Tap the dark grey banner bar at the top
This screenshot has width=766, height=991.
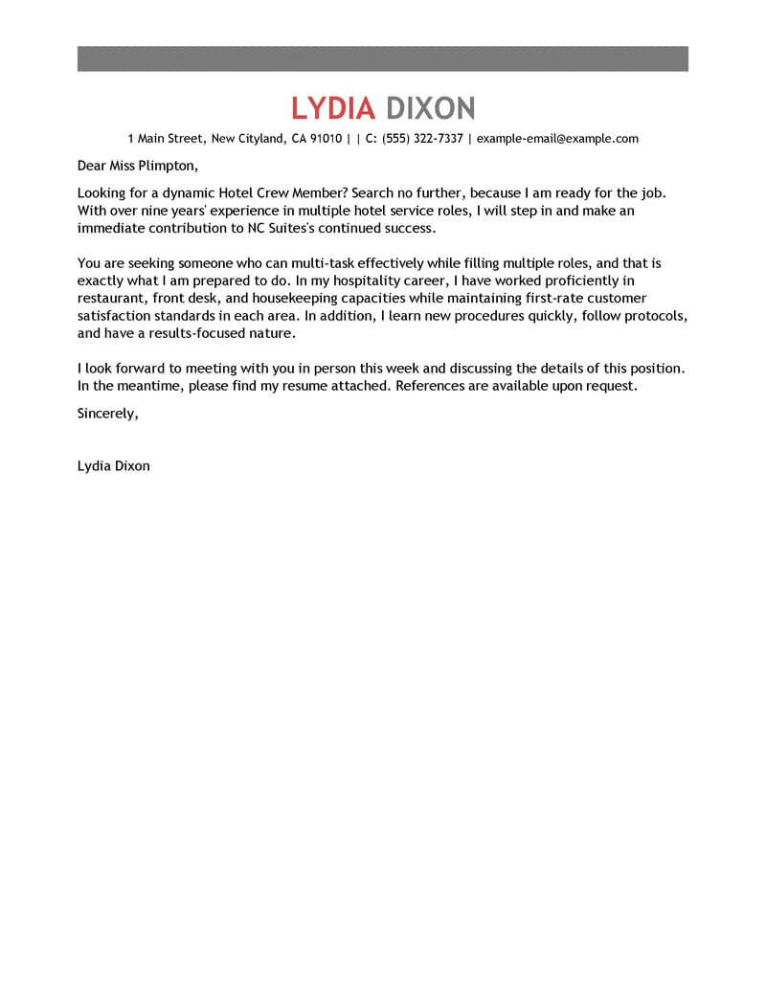click(383, 57)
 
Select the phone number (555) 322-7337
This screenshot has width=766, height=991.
click(422, 139)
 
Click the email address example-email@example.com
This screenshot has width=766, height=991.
click(557, 139)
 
